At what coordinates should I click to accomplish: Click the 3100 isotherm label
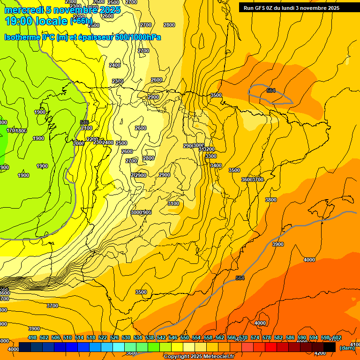[173, 203]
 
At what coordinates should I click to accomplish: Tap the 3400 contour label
[216, 165]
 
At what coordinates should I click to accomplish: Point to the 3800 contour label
[271, 200]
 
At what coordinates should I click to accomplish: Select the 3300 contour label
[211, 156]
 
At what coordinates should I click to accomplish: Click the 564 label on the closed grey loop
[271, 90]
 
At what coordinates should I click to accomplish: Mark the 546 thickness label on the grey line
[84, 122]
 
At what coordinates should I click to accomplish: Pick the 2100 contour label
[87, 128]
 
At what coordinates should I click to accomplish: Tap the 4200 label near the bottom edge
[320, 353]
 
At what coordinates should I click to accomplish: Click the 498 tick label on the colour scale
[32, 337]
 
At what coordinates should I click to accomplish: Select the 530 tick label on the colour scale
[126, 337]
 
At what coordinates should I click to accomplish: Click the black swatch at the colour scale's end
[330, 347]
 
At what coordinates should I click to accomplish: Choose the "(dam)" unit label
[347, 348]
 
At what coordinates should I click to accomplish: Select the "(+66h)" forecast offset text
[81, 21]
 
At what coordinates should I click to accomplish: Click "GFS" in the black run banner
[261, 7]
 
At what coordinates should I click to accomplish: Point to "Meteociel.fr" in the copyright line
[218, 357]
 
